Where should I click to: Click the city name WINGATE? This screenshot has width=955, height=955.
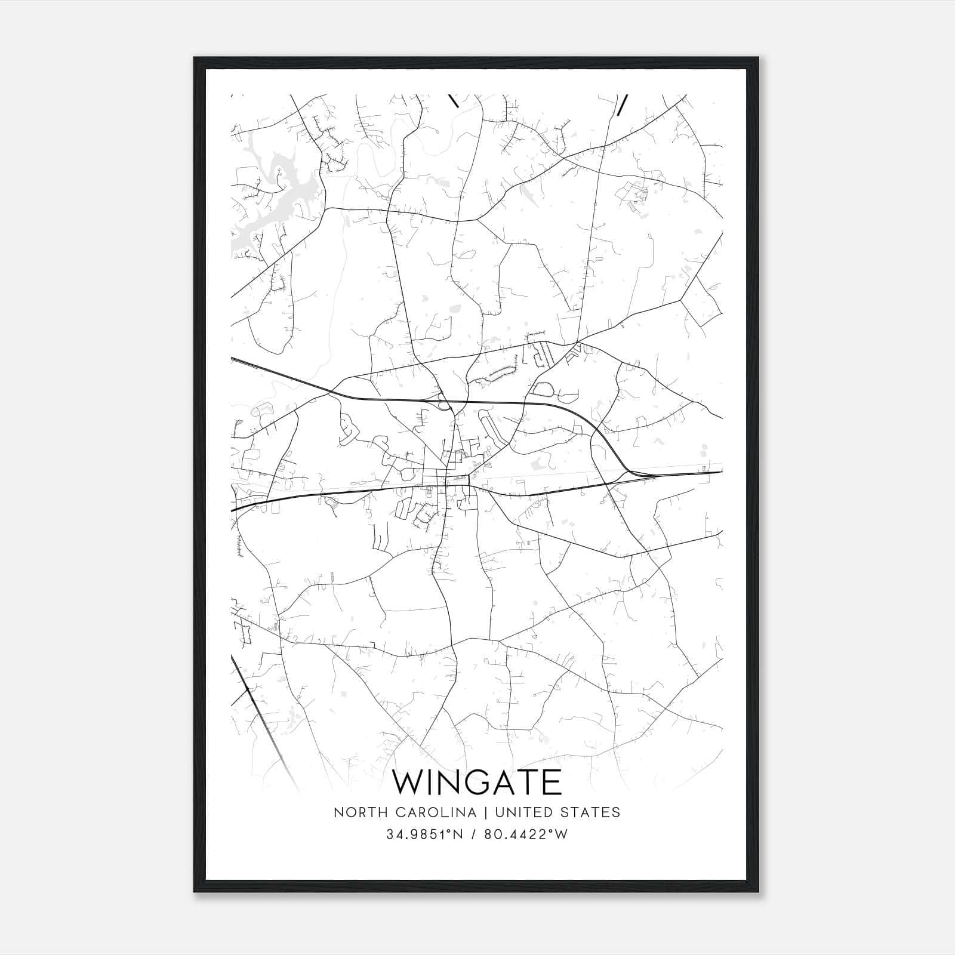[x=477, y=782]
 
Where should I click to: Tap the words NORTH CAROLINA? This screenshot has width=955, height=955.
[x=405, y=812]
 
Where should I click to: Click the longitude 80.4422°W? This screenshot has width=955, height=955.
[x=525, y=834]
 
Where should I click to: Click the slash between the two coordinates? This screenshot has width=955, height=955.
[x=473, y=834]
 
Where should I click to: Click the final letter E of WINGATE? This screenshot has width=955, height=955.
[x=553, y=782]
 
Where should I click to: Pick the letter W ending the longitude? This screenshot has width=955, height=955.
[x=561, y=834]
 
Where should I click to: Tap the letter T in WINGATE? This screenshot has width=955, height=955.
[x=533, y=782]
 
